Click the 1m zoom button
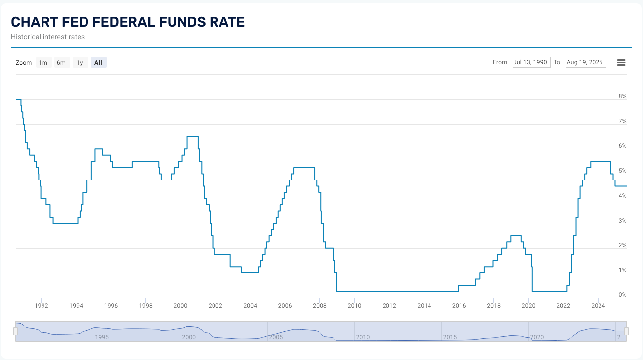coord(43,62)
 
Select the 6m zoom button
coord(61,62)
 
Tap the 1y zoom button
coord(80,62)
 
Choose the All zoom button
coord(98,62)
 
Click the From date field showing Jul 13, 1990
coord(531,62)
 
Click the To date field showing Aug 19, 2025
coord(586,62)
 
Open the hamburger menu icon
coord(622,62)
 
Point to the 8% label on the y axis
coord(622,96)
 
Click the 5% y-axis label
coord(622,171)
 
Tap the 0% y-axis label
coord(622,295)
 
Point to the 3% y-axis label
coord(622,221)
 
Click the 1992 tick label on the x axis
coord(41,306)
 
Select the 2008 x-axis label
coord(320,306)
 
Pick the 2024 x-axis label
coord(598,306)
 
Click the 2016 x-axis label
coord(459,306)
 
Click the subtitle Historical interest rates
coord(47,37)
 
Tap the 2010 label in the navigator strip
coord(362,337)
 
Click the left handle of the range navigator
coord(15,331)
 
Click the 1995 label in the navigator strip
coord(101,337)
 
